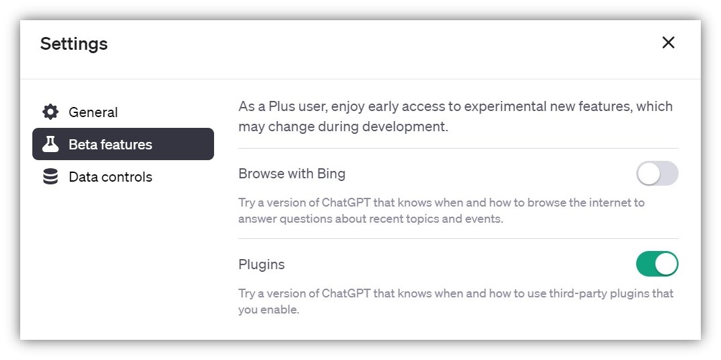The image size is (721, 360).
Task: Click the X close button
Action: (x=668, y=42)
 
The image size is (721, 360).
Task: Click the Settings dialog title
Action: (x=74, y=44)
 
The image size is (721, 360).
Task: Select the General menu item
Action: (x=93, y=112)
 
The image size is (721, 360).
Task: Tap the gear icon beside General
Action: (x=50, y=112)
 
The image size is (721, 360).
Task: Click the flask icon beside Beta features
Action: (x=50, y=144)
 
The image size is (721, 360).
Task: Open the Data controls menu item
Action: (x=110, y=177)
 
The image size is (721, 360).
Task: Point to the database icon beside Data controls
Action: (x=50, y=177)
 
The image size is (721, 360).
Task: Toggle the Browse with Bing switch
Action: (x=657, y=174)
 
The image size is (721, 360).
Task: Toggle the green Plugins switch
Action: (x=657, y=264)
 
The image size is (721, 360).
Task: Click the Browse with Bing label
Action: (x=291, y=174)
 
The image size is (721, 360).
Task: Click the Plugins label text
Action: (x=261, y=264)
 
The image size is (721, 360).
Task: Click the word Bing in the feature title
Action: (x=331, y=174)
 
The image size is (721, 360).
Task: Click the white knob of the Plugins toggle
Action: (x=666, y=264)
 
